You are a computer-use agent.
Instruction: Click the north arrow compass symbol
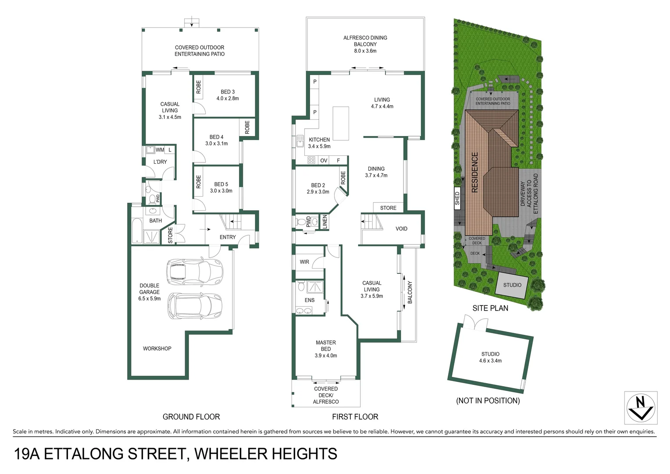coord(641,408)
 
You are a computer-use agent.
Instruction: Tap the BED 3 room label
coord(228,92)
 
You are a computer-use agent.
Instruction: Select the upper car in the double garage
coord(194,271)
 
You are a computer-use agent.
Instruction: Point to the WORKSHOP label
coord(157,348)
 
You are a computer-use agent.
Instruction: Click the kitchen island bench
coord(341,123)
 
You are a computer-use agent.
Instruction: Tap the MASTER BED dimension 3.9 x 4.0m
coord(326,355)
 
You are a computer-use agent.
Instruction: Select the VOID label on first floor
coord(401,229)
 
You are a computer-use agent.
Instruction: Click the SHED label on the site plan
coord(457,198)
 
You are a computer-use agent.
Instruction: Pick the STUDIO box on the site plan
coord(512,285)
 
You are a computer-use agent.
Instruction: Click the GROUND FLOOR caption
coord(191,417)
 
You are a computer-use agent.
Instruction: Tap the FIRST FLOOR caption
coord(355,417)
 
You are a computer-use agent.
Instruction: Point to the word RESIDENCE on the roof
coord(474,172)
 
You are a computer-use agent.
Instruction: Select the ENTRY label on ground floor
coord(228,237)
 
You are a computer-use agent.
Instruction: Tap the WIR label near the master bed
coord(304,262)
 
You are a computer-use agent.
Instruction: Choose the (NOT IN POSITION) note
coord(488,401)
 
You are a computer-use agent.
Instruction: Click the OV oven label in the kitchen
coord(324,161)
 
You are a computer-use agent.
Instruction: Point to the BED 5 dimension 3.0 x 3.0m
coord(221,191)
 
